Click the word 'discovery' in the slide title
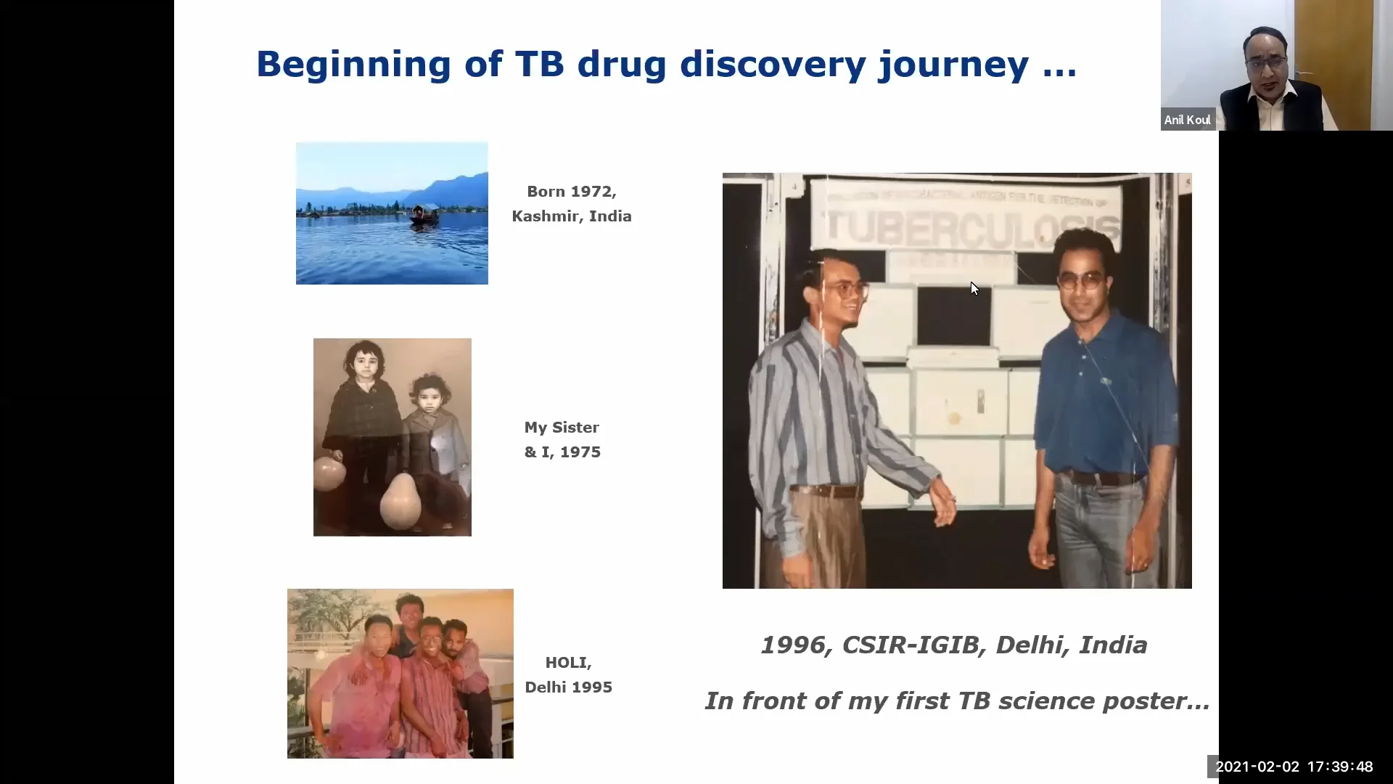[x=773, y=64]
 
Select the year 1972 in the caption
[x=592, y=192]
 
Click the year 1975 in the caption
[x=580, y=452]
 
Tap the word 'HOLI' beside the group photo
[x=568, y=663]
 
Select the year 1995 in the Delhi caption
[x=592, y=687]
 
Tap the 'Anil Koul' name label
[x=1187, y=120]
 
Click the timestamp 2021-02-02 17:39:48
[x=1294, y=767]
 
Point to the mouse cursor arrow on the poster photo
[x=974, y=288]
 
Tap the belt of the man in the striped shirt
[x=827, y=491]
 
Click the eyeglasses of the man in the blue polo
[x=1082, y=280]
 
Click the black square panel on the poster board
[x=953, y=316]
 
